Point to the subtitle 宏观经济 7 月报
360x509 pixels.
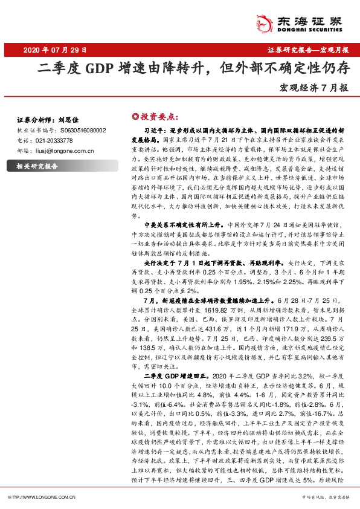tap(314, 88)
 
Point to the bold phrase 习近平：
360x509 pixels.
tap(155, 130)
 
